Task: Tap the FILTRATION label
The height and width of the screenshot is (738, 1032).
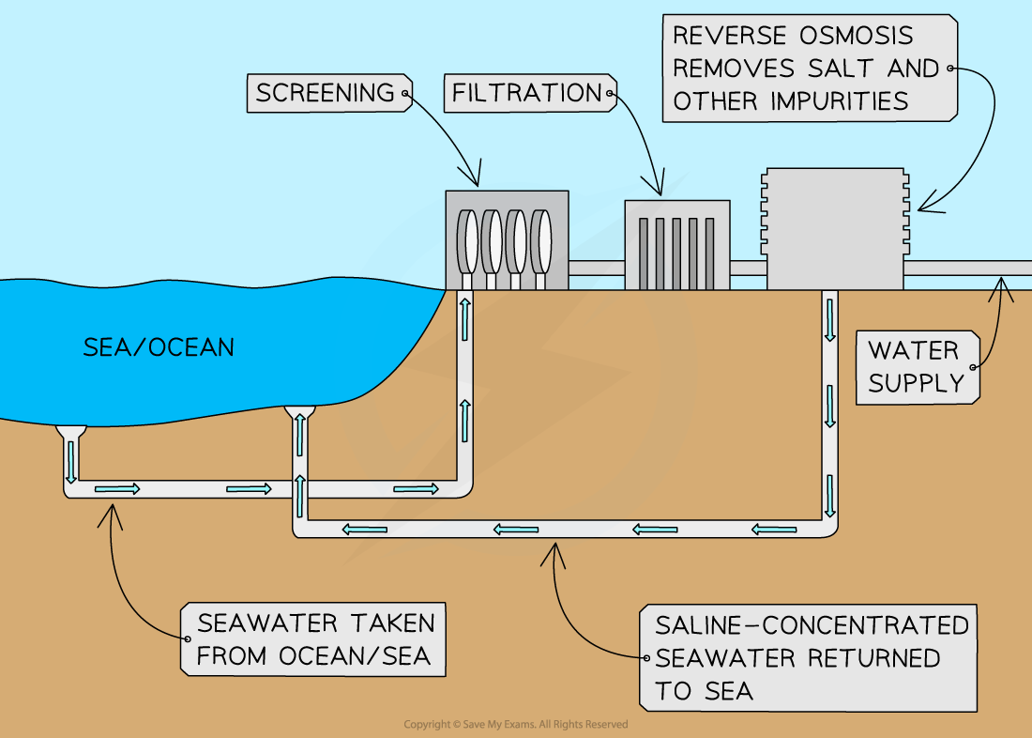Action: click(x=526, y=93)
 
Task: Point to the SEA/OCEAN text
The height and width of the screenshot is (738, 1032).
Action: click(x=159, y=347)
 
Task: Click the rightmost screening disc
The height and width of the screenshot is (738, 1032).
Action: click(x=540, y=241)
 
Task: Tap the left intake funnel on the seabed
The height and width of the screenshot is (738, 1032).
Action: click(x=70, y=433)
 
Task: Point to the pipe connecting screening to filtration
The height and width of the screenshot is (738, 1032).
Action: click(x=597, y=269)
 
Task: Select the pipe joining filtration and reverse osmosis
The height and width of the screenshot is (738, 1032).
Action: click(x=749, y=269)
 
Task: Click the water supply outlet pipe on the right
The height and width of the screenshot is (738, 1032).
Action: click(x=966, y=269)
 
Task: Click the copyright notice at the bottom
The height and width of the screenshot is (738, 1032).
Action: click(x=516, y=724)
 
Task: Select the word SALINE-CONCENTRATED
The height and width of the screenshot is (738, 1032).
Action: click(x=812, y=624)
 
